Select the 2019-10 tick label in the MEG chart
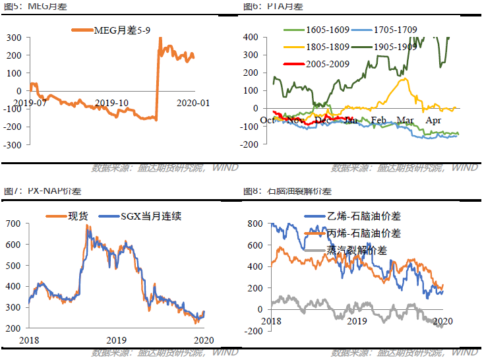pos(111,102)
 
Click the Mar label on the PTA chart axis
pos(405,120)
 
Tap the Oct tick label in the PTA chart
pos(268,120)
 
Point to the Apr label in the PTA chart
pos(433,120)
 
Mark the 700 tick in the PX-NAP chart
pos(13,224)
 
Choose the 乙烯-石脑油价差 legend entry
pos(364,216)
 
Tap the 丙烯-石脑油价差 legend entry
pos(364,233)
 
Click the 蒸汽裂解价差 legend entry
pos(357,250)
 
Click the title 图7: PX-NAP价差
pos(38,191)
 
